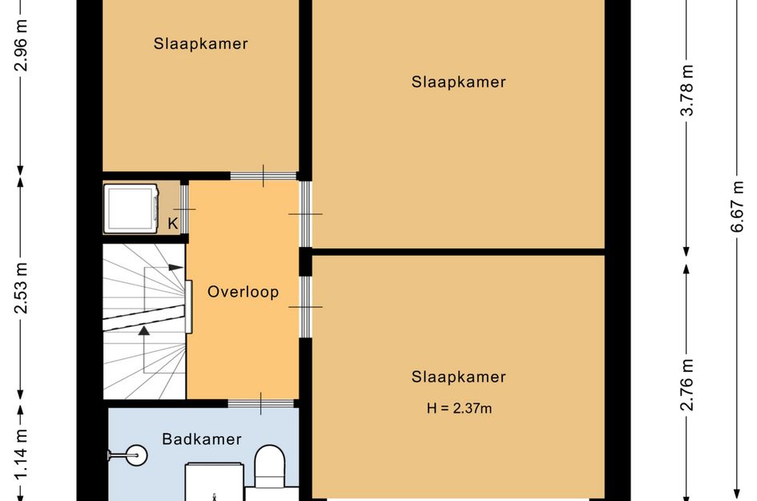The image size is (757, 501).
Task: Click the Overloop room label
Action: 243,292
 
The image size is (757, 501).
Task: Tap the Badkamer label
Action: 202,438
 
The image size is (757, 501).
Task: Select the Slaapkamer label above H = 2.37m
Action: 458,377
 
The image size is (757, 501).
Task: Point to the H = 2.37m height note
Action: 459,409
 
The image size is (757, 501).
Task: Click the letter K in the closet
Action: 172,223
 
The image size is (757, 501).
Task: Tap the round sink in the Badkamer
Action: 133,455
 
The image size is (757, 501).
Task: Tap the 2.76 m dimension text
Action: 687,385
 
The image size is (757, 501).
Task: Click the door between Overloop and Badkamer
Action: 261,403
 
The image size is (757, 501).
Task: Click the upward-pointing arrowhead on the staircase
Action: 144,329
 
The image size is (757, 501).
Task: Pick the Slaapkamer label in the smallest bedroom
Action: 200,44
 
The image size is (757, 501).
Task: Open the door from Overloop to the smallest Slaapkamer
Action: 264,176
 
